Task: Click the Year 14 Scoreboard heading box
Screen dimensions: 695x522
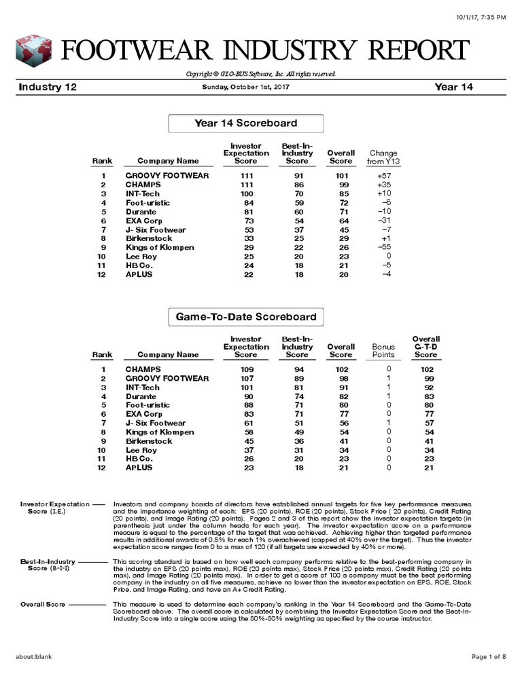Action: click(x=245, y=124)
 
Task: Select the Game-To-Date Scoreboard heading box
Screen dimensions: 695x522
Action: click(x=245, y=317)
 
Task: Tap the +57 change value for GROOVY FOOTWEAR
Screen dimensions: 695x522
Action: click(x=383, y=176)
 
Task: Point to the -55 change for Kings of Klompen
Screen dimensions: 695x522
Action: click(x=383, y=247)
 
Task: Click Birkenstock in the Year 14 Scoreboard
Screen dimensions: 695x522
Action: click(x=149, y=238)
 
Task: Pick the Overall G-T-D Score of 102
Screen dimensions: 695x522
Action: click(x=425, y=370)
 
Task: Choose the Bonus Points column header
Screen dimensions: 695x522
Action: click(x=383, y=350)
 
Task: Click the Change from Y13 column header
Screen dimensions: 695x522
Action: click(x=383, y=157)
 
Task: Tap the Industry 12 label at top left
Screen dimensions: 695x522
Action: click(x=48, y=88)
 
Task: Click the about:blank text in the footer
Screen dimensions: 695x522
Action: click(x=34, y=657)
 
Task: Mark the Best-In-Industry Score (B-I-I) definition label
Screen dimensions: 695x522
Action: click(x=48, y=565)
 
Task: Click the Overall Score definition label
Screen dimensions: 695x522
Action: click(x=42, y=604)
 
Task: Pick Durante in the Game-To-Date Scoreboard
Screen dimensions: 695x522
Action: click(x=141, y=396)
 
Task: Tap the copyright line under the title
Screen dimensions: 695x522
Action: click(x=260, y=74)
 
